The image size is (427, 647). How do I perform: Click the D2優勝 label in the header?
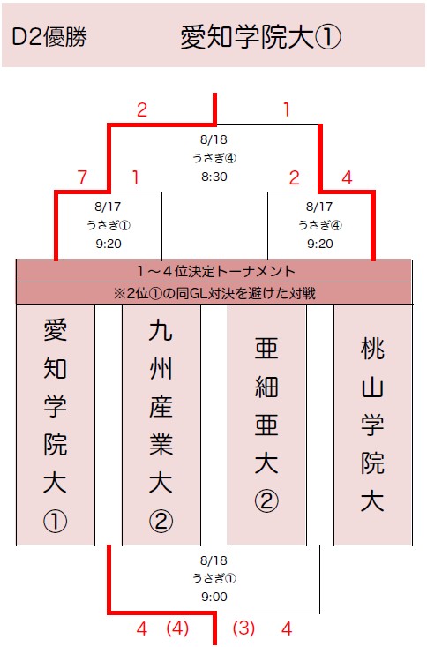coord(49,37)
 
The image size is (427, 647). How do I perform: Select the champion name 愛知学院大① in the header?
coord(261,38)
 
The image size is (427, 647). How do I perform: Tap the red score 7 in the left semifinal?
coord(83,177)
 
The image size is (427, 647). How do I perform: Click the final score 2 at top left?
coord(142,109)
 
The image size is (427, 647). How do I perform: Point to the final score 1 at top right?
coord(287,109)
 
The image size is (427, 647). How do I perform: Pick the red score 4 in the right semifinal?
coord(347,177)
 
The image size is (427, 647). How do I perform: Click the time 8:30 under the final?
coord(214,177)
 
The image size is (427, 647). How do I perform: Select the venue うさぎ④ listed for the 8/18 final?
coord(214,158)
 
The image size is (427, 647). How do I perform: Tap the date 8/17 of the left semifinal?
coord(109,207)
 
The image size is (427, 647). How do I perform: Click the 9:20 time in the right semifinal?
coord(319,244)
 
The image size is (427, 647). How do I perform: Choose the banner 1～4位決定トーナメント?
coord(216,271)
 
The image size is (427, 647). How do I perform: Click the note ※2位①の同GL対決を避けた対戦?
coord(214,293)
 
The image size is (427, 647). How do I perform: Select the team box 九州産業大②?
coord(161,425)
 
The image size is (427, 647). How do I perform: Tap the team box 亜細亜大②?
coord(267,425)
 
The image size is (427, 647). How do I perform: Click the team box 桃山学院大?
coord(373,425)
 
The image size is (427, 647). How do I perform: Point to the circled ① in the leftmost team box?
coord(56,521)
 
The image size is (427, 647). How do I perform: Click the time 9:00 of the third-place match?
coord(214,597)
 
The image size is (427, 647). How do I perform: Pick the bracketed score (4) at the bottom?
coord(177,628)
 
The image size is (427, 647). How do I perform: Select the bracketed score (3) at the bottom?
coord(243,628)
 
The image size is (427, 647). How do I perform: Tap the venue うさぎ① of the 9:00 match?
coord(214,578)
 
